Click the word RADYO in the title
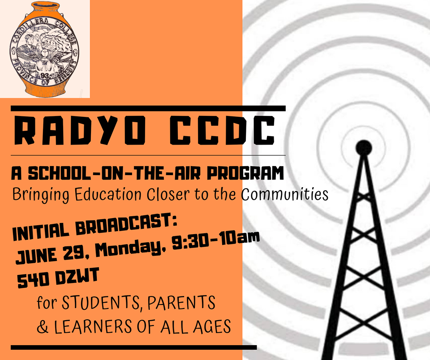(80, 130)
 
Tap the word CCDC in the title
(223, 130)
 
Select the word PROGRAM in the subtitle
(245, 173)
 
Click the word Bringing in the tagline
(41, 195)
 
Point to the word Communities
(285, 194)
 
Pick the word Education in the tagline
(108, 194)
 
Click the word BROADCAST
(126, 225)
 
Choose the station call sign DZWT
(77, 276)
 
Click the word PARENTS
(181, 302)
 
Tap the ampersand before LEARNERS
(43, 327)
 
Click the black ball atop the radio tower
(364, 148)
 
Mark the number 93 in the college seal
(44, 76)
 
